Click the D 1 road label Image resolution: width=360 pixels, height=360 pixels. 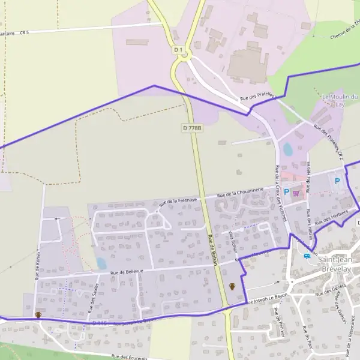click(x=178, y=49)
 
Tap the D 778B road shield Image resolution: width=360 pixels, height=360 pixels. click(x=191, y=128)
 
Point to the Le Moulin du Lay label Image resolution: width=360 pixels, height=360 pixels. click(x=340, y=100)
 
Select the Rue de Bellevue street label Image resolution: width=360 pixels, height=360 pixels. click(x=129, y=272)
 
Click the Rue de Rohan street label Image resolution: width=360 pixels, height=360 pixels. click(x=211, y=247)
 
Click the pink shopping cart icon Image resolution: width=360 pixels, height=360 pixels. click(x=296, y=193)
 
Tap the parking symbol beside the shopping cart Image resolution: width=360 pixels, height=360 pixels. click(x=286, y=193)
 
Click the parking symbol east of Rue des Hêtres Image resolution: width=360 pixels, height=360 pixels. click(x=337, y=180)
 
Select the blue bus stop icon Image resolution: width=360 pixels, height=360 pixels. click(x=308, y=256)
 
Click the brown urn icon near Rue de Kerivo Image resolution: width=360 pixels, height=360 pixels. click(x=38, y=315)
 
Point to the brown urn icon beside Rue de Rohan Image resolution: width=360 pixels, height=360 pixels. click(x=232, y=287)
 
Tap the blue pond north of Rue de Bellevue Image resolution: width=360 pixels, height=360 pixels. click(x=101, y=263)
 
